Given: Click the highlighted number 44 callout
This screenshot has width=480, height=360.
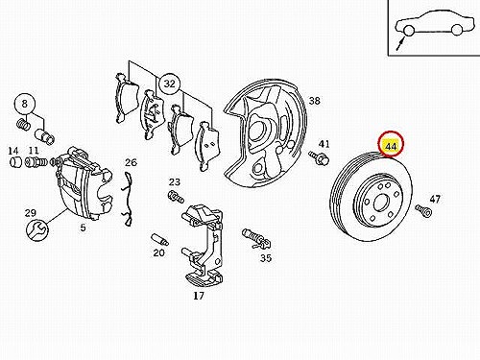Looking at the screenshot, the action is click(x=391, y=144).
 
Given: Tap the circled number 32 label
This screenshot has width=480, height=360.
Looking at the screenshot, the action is click(x=170, y=84).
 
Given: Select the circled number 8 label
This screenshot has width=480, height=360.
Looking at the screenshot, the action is click(x=25, y=104).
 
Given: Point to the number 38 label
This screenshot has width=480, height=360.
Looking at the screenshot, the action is click(x=314, y=101).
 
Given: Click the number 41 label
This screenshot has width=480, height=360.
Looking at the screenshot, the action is click(x=324, y=144).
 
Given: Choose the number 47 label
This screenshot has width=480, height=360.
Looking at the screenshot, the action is click(x=435, y=200).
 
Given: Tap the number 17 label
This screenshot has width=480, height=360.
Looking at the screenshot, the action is click(x=199, y=296).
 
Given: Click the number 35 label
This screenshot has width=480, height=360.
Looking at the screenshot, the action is click(x=266, y=257).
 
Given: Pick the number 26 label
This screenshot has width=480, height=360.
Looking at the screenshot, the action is click(x=131, y=162).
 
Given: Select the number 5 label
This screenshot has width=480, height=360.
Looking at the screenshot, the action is click(x=84, y=228).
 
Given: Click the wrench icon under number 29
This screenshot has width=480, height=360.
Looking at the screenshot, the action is click(x=37, y=229).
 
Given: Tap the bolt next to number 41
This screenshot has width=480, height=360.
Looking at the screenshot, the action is click(x=319, y=157).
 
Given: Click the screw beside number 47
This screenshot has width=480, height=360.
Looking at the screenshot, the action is click(x=424, y=210).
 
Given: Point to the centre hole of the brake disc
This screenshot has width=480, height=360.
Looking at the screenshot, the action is click(x=381, y=203).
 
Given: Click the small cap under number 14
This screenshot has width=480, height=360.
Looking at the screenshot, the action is click(x=15, y=162).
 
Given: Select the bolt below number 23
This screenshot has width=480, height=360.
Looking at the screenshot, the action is click(x=176, y=197).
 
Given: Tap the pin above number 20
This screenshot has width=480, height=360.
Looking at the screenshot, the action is click(x=159, y=239).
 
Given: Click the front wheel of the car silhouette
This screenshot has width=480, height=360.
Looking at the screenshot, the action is click(x=408, y=31).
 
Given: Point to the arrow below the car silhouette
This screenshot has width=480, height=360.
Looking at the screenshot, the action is click(x=400, y=44).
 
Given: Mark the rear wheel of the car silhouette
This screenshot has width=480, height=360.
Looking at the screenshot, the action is click(x=457, y=30).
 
